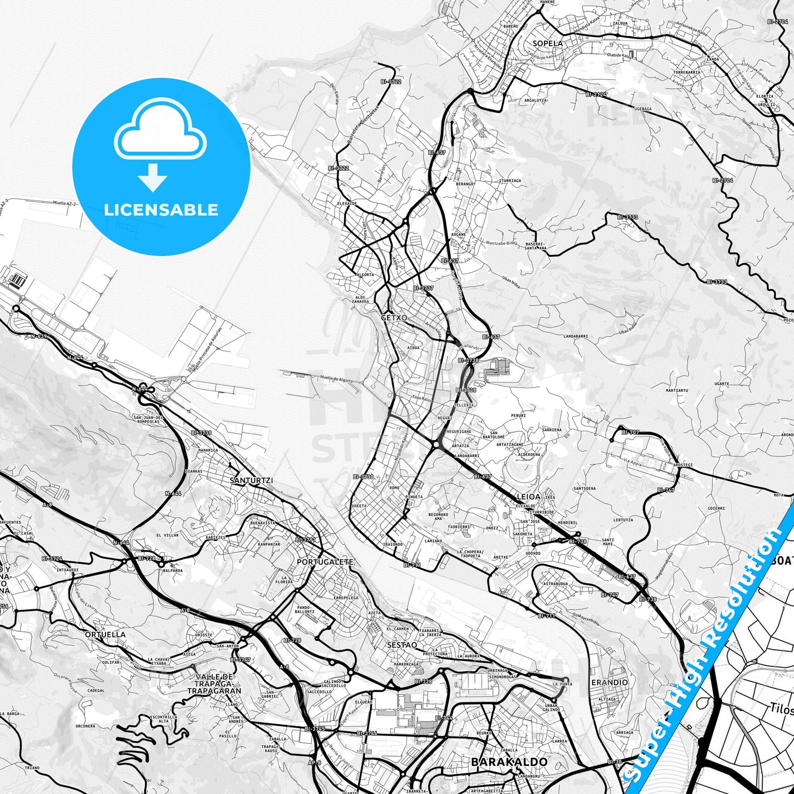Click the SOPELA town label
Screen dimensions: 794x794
[x=547, y=43]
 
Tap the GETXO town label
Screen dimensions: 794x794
[x=395, y=318]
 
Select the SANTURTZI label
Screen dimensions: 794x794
[x=251, y=480]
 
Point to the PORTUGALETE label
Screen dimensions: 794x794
[x=325, y=562]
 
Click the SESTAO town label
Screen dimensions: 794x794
[x=402, y=645]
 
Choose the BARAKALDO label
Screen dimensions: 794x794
[x=509, y=762]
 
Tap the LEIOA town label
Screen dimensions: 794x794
[x=529, y=496]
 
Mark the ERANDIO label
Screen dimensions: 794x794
[x=609, y=682]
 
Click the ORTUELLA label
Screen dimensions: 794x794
[x=105, y=634]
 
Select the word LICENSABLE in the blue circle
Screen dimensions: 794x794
[x=161, y=209]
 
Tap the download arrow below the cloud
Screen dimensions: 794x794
[x=153, y=177]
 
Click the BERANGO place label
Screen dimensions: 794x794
[x=464, y=184]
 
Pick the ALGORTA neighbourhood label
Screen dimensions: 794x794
[x=365, y=274]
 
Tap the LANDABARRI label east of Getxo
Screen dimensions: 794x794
[x=576, y=336]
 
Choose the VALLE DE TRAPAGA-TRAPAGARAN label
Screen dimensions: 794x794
[x=214, y=684]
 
